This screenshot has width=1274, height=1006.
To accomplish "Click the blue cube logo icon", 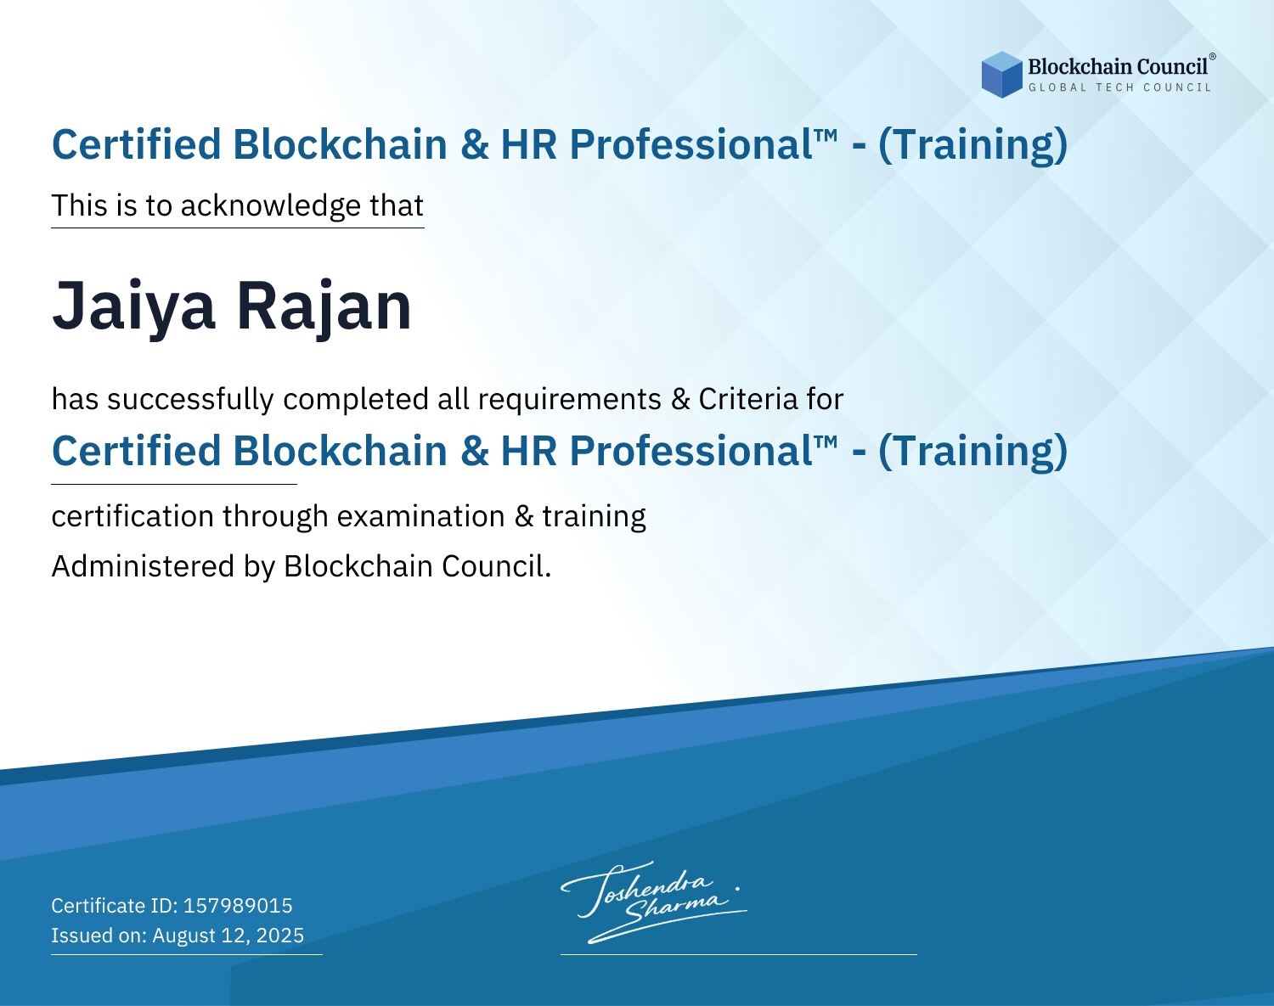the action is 1001,75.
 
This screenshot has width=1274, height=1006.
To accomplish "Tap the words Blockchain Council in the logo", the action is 1118,66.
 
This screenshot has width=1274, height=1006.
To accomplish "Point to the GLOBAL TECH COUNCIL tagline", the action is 1120,87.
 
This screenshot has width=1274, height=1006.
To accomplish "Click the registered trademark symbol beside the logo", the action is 1213,57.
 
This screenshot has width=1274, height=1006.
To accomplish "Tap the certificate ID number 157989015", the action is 238,905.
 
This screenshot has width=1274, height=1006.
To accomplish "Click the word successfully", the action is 190,400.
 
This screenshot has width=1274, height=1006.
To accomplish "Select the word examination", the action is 421,516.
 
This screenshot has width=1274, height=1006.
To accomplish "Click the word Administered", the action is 143,565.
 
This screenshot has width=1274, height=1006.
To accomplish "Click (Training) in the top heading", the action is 972,145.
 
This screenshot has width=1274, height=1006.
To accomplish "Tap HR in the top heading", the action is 528,145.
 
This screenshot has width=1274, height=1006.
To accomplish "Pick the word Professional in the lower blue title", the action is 691,451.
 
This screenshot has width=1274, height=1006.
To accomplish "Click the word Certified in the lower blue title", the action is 137,451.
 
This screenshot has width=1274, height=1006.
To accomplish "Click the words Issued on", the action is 99,935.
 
